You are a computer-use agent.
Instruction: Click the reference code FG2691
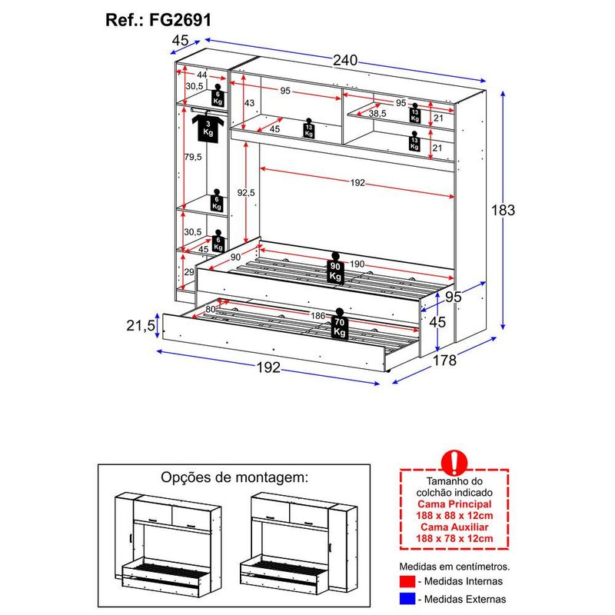[x=180, y=18]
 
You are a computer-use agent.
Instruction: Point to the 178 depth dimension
[x=444, y=359]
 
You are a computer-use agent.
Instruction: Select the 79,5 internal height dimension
[x=193, y=157]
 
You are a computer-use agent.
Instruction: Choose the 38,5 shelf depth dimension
[x=377, y=113]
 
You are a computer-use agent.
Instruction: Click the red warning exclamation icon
[x=455, y=461]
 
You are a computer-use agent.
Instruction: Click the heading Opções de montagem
[x=234, y=477]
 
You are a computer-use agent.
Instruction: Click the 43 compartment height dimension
[x=249, y=103]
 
